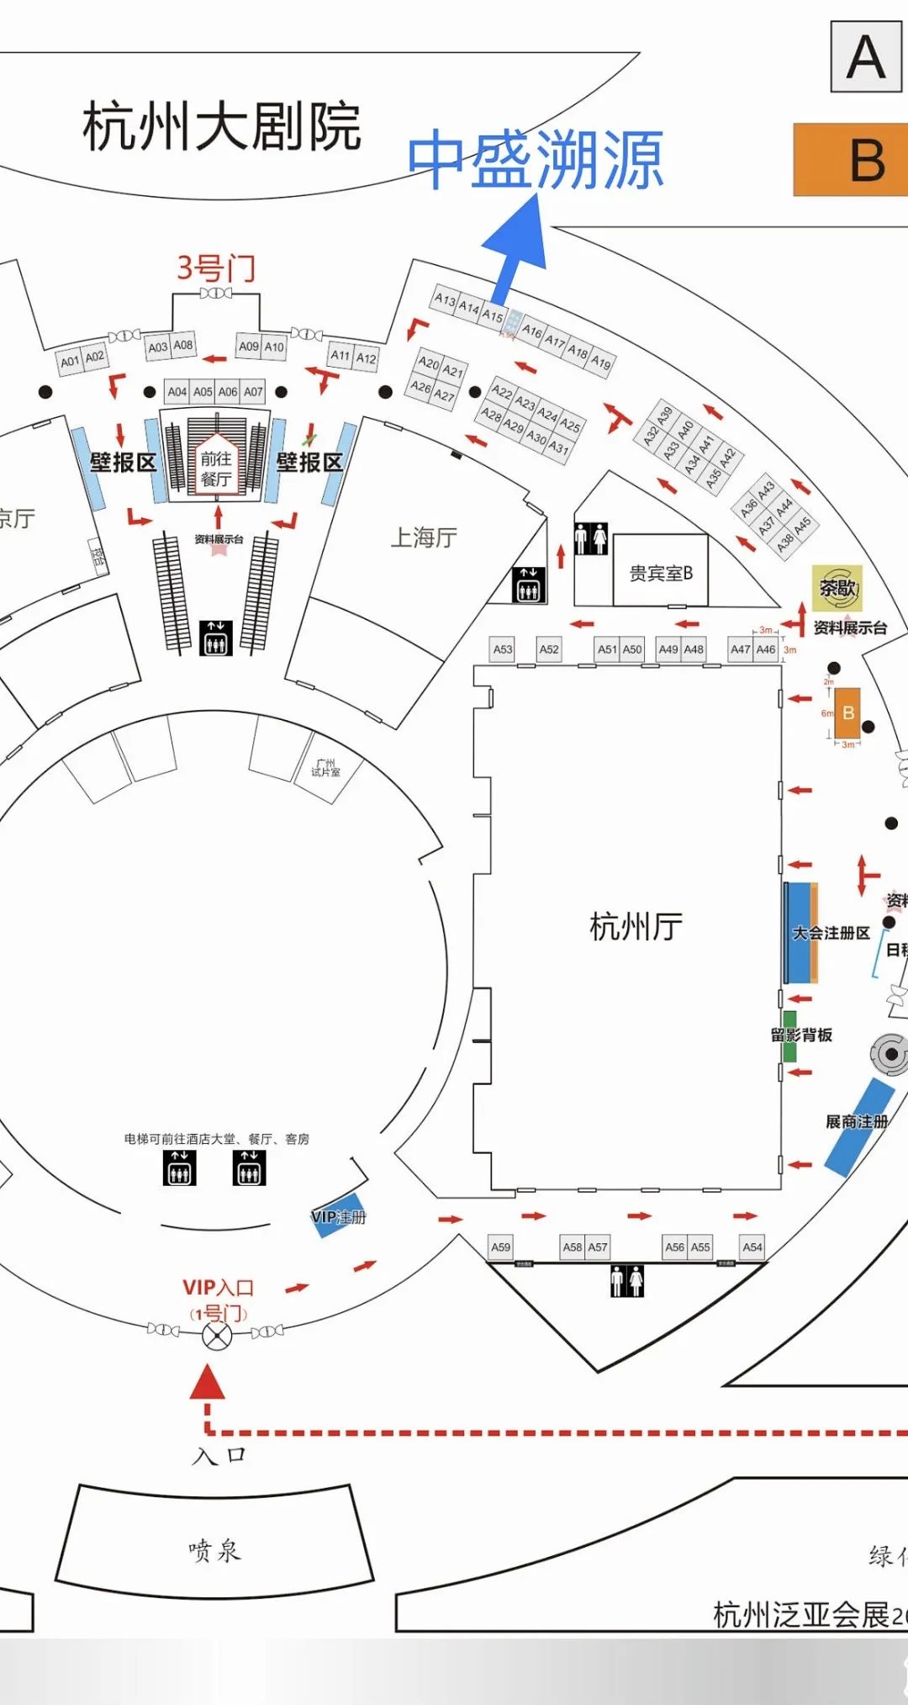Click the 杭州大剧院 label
tap(222, 127)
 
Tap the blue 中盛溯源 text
tap(536, 159)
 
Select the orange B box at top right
tap(851, 160)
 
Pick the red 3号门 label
tap(215, 268)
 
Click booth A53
tap(503, 649)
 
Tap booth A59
tap(501, 1247)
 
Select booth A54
tap(752, 1247)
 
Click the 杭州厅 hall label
tap(636, 926)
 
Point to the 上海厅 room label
tap(424, 537)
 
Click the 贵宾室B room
tap(661, 573)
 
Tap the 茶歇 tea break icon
tap(837, 588)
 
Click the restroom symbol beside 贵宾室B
tap(591, 538)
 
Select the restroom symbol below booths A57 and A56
tap(627, 1281)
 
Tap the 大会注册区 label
tap(830, 933)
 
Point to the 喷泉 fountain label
tap(214, 1549)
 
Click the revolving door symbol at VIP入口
tap(217, 1335)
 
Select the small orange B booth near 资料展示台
tap(847, 713)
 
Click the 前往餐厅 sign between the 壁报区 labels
tap(216, 469)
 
